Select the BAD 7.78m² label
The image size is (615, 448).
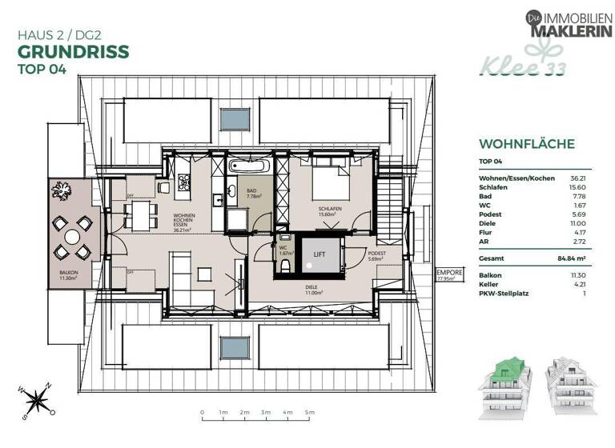[x=252, y=193]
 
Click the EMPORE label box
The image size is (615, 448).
[x=445, y=276]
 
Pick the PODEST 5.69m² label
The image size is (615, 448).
[x=376, y=256]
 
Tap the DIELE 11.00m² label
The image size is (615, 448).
[x=313, y=291]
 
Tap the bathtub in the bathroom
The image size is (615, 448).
[x=249, y=168]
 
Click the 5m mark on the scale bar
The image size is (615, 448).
[x=308, y=413]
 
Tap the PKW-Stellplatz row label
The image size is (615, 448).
[x=504, y=294]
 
